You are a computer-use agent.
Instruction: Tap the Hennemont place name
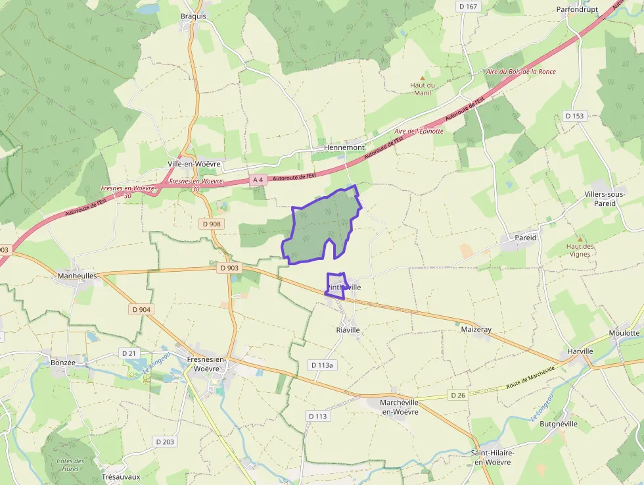tap(344, 147)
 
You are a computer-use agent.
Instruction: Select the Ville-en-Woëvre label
tap(194, 163)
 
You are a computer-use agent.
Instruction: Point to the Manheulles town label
tap(77, 276)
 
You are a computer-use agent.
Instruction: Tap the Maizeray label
tap(476, 329)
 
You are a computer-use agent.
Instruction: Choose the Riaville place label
tap(348, 330)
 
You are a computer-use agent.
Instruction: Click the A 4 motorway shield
tap(258, 180)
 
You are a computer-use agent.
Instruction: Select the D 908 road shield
tap(212, 224)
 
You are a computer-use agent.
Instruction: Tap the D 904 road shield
tap(141, 309)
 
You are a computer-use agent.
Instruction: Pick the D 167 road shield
tap(468, 6)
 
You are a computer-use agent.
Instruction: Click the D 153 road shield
tap(574, 116)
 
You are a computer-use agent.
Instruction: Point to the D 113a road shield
tap(322, 365)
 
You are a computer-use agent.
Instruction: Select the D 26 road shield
tap(458, 395)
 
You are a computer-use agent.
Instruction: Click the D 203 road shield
tap(165, 442)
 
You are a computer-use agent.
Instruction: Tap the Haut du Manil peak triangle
tap(423, 78)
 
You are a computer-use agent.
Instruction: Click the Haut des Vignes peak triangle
tap(580, 239)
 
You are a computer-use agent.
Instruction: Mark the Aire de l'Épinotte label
tap(419, 131)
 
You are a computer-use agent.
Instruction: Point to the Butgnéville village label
tap(558, 424)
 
